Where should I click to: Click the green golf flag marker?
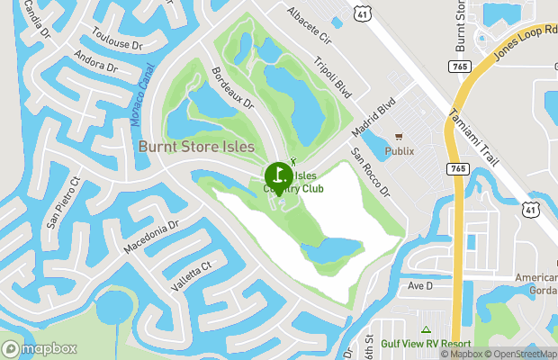click(278, 174)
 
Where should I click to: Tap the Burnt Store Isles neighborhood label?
click(196, 146)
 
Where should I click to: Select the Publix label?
click(400, 151)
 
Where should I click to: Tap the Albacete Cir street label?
click(309, 25)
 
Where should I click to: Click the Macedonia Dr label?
click(150, 236)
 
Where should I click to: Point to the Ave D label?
click(420, 285)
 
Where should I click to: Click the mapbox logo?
click(40, 348)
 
